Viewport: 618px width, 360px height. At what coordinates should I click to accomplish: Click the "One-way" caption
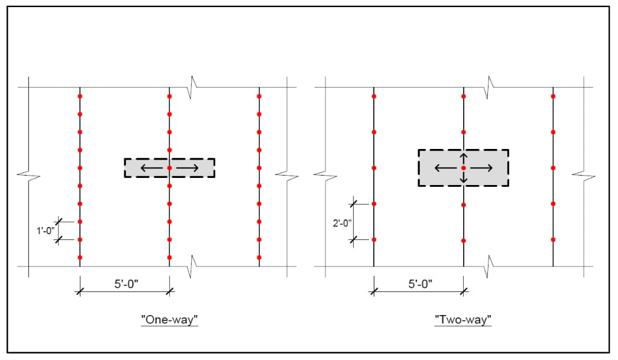(169, 320)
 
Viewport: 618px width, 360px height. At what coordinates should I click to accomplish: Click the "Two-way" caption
(463, 320)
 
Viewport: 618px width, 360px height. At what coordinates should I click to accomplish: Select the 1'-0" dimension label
(45, 231)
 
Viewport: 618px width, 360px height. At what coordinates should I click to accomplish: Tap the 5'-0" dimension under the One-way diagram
(126, 283)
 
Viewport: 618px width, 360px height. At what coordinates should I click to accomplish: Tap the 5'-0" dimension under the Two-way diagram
(420, 283)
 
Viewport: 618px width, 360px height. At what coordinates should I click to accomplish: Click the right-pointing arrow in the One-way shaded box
(188, 168)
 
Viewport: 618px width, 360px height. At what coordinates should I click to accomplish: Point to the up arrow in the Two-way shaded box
(464, 158)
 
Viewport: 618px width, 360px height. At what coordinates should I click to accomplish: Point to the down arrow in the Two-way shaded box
(464, 177)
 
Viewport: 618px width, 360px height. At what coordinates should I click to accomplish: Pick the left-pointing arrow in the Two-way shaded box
(445, 168)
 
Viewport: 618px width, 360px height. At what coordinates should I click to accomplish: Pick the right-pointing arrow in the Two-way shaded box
(482, 168)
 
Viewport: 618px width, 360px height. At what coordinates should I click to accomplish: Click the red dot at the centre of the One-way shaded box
(170, 168)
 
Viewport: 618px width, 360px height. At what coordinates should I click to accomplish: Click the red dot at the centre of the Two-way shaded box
(464, 168)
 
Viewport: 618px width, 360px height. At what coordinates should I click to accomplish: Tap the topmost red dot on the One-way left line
(80, 96)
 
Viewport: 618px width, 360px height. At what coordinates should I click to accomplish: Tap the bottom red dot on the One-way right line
(259, 258)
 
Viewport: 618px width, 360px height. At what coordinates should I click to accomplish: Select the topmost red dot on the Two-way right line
(553, 96)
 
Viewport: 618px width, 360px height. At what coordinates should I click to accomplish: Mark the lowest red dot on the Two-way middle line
(464, 241)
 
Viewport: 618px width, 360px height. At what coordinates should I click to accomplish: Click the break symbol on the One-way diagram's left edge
(25, 175)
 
